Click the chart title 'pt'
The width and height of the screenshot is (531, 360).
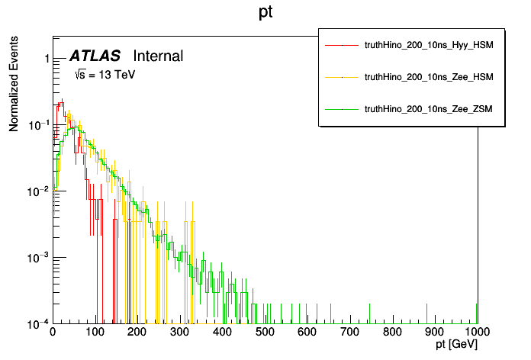pyautogui.click(x=265, y=14)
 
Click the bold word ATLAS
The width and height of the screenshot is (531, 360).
pyautogui.click(x=95, y=56)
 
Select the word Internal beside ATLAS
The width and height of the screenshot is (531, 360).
pyautogui.click(x=158, y=56)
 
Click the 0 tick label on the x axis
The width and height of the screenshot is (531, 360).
pyautogui.click(x=53, y=333)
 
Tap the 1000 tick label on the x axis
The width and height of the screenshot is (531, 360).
pyautogui.click(x=476, y=333)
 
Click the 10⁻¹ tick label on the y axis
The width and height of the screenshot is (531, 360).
pyautogui.click(x=39, y=124)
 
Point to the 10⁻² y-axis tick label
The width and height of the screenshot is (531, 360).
pyautogui.click(x=39, y=191)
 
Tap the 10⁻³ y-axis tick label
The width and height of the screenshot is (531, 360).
pyautogui.click(x=39, y=257)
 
